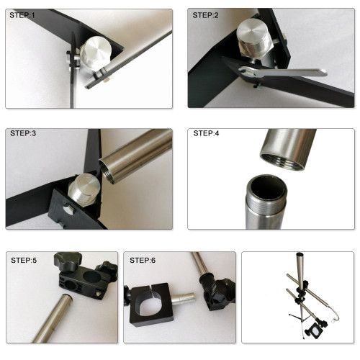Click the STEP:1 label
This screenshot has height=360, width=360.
pyautogui.click(x=22, y=15)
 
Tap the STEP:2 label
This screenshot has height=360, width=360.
pyautogui.click(x=205, y=15)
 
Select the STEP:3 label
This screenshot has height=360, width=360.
pyautogui.click(x=23, y=133)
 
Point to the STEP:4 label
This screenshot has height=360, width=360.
pyautogui.click(x=206, y=133)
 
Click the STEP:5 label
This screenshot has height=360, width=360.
pyautogui.click(x=24, y=261)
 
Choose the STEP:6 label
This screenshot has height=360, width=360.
pyautogui.click(x=143, y=261)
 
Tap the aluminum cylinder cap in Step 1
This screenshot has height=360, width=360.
pyautogui.click(x=96, y=53)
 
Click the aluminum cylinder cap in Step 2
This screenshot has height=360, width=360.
pyautogui.click(x=255, y=38)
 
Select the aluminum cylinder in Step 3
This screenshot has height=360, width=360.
pyautogui.click(x=84, y=189)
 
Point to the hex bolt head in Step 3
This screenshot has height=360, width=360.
pyautogui.click(x=69, y=210)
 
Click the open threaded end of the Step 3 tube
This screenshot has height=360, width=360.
pyautogui.click(x=107, y=171)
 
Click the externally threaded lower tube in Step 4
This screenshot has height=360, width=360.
pyautogui.click(x=266, y=202)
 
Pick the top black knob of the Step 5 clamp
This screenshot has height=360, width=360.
pyautogui.click(x=68, y=261)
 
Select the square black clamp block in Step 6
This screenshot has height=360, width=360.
pyautogui.click(x=151, y=305)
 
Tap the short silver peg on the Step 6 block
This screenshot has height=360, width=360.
pyautogui.click(x=184, y=299)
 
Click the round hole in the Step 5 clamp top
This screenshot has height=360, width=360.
pyautogui.click(x=92, y=277)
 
